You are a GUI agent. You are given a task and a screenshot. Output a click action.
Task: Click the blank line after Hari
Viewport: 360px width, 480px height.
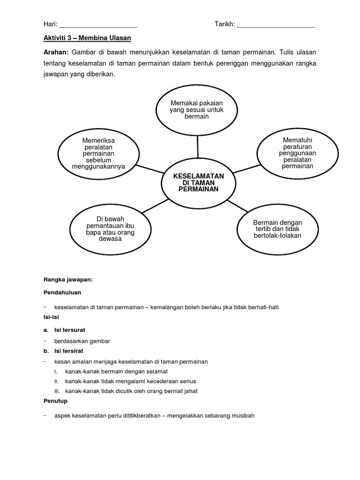coord(98,26)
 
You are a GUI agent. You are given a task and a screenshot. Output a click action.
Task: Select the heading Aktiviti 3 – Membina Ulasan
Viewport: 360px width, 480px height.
coord(84,37)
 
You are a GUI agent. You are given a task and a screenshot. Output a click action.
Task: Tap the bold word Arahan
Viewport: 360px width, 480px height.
coord(56,52)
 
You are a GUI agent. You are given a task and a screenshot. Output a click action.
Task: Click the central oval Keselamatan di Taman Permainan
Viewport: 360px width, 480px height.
coord(199,182)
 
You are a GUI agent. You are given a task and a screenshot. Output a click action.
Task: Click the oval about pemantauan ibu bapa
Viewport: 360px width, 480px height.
coord(110,228)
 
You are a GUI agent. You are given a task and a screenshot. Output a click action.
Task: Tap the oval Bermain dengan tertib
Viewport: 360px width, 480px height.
coord(277,228)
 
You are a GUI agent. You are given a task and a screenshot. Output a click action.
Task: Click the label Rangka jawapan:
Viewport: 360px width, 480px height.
coord(68,280)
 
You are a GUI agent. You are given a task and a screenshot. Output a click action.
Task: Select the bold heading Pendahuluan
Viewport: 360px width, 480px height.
coord(62,292)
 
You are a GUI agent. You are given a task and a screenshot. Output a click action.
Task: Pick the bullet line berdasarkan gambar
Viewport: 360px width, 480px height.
coord(82,341)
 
